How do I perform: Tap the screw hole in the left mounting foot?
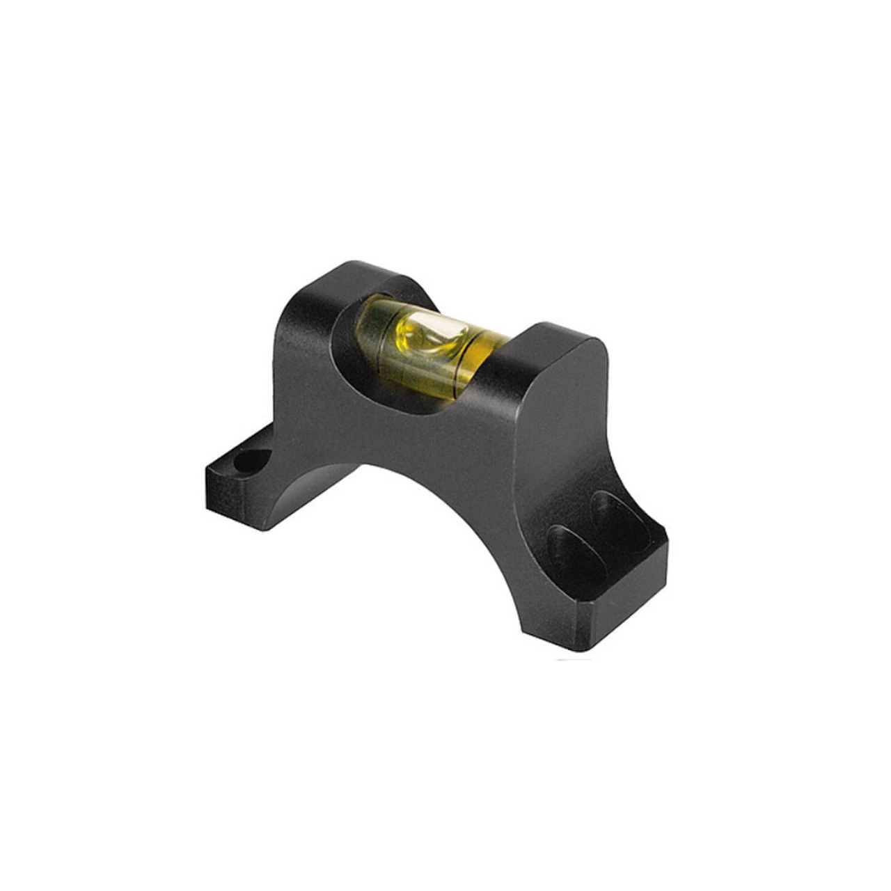click(249, 462)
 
